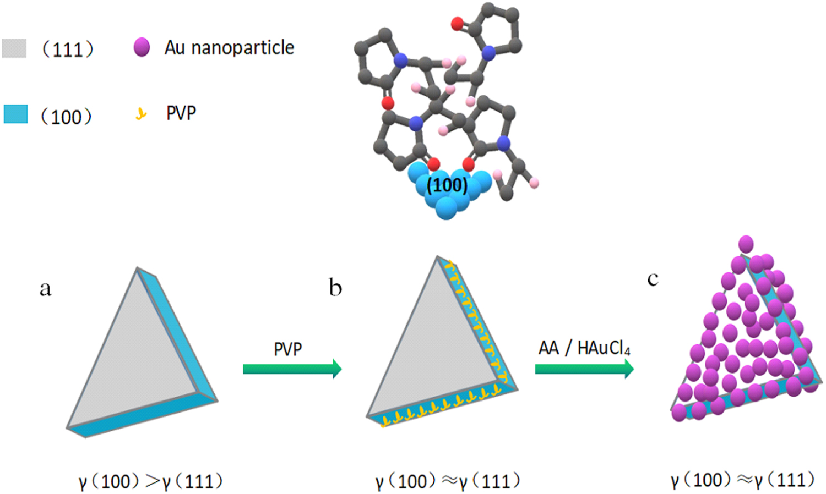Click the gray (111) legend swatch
pyautogui.click(x=14, y=48)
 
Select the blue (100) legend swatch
pyautogui.click(x=15, y=114)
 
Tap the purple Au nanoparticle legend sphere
pyautogui.click(x=142, y=47)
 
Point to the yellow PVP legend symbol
pyautogui.click(x=142, y=114)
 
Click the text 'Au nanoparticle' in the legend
pyautogui.click(x=229, y=48)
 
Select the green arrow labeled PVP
pyautogui.click(x=292, y=368)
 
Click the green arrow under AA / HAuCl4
pyautogui.click(x=584, y=368)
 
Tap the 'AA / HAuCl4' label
pyautogui.click(x=584, y=348)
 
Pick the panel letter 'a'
pyautogui.click(x=45, y=288)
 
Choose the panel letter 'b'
pyautogui.click(x=335, y=287)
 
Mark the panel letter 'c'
pyautogui.click(x=653, y=279)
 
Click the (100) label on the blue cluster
pyautogui.click(x=447, y=185)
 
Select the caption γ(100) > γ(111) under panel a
pyautogui.click(x=150, y=481)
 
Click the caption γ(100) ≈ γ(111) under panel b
pyautogui.click(x=447, y=481)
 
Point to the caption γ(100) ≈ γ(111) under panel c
pyautogui.click(x=742, y=480)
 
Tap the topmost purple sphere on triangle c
pyautogui.click(x=746, y=244)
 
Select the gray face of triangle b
pyautogui.click(x=430, y=347)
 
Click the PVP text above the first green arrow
pyautogui.click(x=287, y=349)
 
